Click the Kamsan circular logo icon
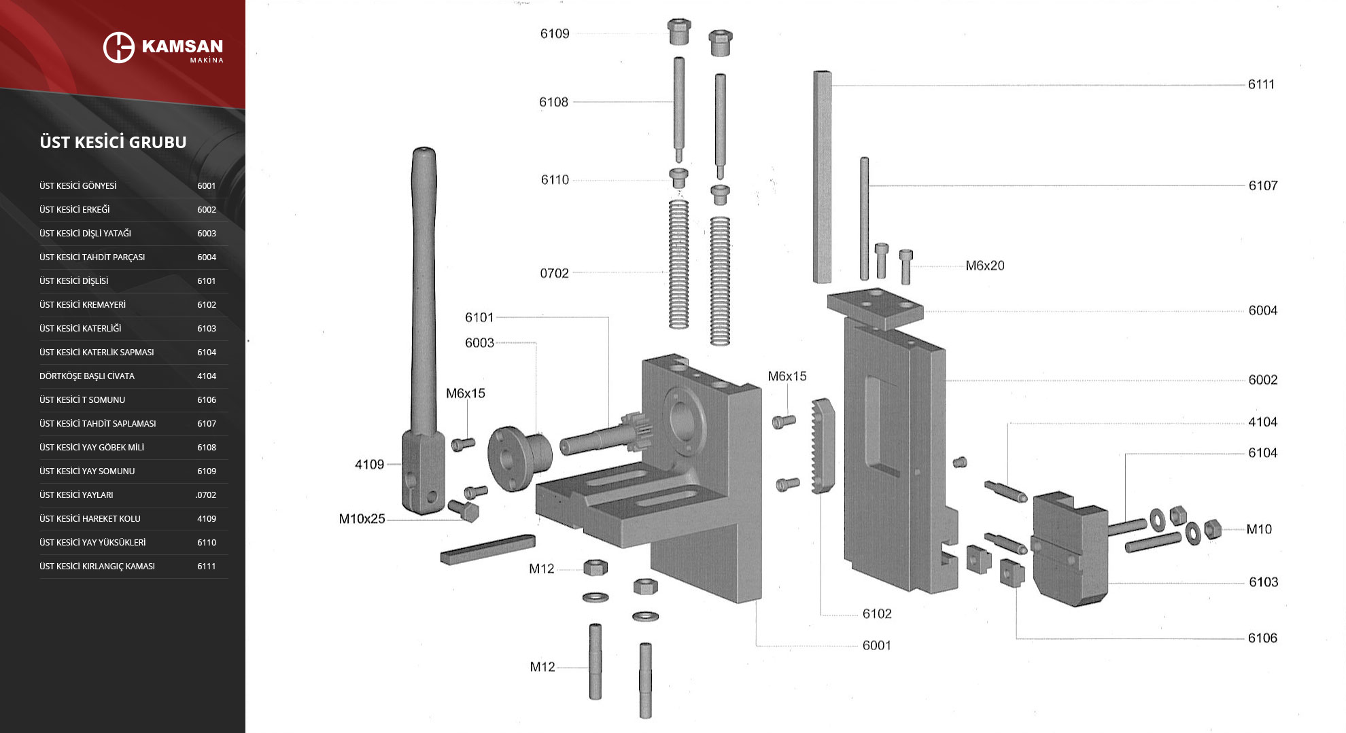(x=119, y=47)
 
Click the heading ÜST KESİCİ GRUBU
(x=113, y=142)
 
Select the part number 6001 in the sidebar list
(x=206, y=186)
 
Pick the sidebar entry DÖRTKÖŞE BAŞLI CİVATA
(x=87, y=376)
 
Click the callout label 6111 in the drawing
(x=1260, y=84)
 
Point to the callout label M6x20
(x=984, y=266)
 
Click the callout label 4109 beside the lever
(x=369, y=465)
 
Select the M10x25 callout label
(x=362, y=519)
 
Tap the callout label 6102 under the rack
(x=876, y=614)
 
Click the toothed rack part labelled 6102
(x=823, y=445)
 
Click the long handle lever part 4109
(x=424, y=306)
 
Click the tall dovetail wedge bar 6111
(x=822, y=177)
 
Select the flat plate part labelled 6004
(x=875, y=307)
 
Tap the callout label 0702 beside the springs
(x=554, y=273)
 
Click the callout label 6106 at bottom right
(x=1262, y=638)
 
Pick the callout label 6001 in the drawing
(x=876, y=645)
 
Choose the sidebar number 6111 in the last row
(x=206, y=567)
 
